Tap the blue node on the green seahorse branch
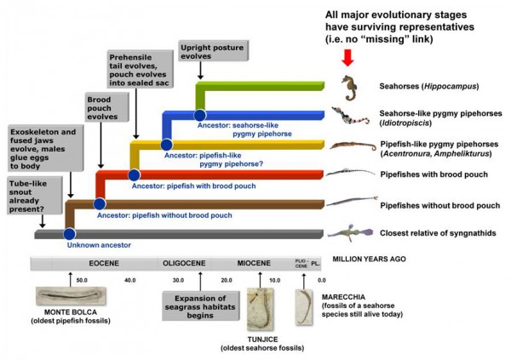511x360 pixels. click(199, 113)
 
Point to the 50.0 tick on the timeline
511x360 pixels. click(83, 280)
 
